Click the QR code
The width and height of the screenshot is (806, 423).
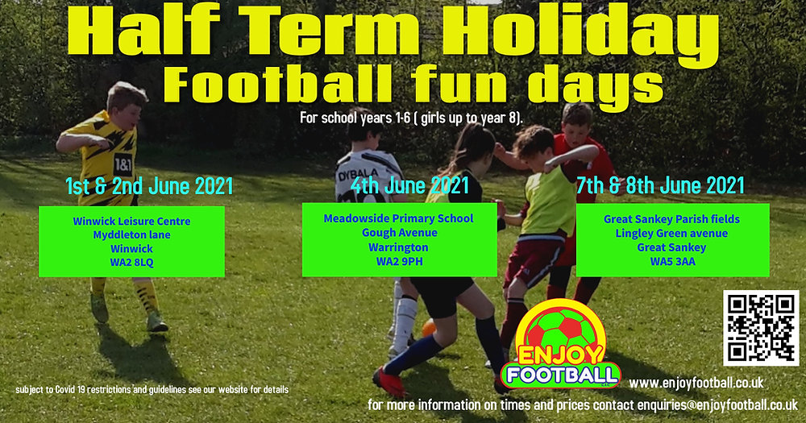(761, 328)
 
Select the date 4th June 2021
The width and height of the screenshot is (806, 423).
(409, 186)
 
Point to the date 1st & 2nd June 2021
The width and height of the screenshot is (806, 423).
(149, 186)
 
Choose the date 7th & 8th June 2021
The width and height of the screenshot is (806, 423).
(660, 186)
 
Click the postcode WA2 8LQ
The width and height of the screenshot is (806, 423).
(131, 263)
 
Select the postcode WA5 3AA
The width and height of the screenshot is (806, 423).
(671, 262)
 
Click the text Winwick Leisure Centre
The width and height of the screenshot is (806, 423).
(131, 220)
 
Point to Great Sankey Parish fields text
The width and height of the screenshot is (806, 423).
(671, 218)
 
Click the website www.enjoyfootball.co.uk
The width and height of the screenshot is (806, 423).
(696, 384)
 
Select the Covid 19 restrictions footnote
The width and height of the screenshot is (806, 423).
(152, 390)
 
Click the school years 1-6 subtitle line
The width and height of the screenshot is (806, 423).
(411, 118)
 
